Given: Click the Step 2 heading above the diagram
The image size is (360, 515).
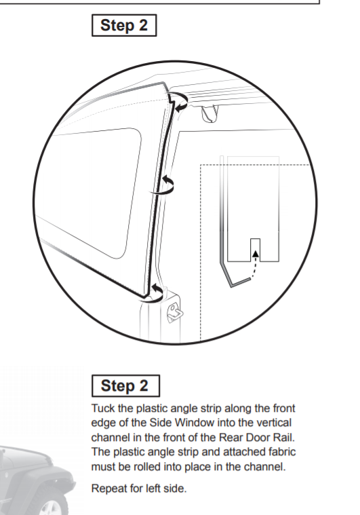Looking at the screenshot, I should (124, 26).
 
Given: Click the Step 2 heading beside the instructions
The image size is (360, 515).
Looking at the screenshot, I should (125, 386).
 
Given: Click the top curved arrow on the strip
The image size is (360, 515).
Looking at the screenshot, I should (179, 102).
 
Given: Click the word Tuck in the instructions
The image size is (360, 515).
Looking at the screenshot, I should (103, 410).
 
